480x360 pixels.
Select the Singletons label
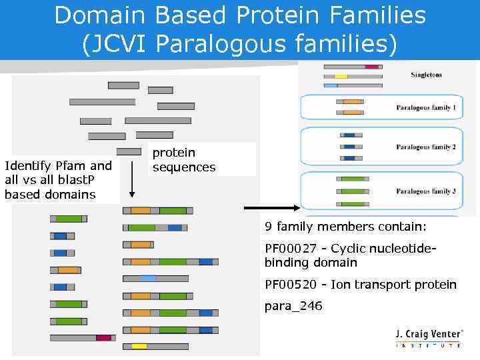tap(426, 75)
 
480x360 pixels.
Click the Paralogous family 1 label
tap(425, 107)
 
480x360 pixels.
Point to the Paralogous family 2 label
tap(425, 147)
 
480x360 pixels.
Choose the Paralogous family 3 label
tap(425, 191)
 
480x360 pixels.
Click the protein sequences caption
tap(183, 160)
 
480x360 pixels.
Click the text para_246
tap(293, 306)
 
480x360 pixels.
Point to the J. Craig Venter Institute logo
tap(427, 338)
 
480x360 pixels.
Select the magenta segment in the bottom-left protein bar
tap(103, 338)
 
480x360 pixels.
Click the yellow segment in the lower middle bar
tap(139, 347)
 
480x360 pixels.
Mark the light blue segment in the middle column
tap(149, 278)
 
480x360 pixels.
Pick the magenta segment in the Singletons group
tap(372, 67)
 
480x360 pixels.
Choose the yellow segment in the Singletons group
tap(341, 77)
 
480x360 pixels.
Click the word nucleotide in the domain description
tap(406, 249)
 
